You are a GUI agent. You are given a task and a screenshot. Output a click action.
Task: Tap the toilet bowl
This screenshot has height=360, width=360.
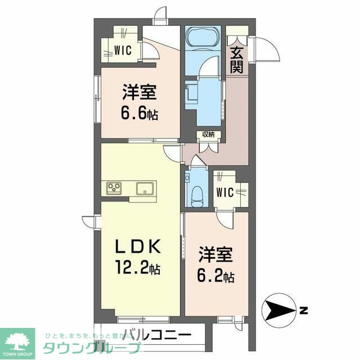click(x=197, y=194)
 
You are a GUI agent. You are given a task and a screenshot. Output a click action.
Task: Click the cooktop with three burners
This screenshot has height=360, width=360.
click(x=112, y=188)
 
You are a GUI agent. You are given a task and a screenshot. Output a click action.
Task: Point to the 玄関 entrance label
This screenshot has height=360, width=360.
click(x=236, y=59)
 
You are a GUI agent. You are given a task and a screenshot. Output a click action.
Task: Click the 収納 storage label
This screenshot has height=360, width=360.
click(x=208, y=134)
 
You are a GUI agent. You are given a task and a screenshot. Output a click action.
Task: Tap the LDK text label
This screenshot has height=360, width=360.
click(x=139, y=246)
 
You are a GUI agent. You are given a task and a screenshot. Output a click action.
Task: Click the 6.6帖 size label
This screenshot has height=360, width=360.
click(x=139, y=113)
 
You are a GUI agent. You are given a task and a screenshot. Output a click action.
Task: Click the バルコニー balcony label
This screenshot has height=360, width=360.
click(x=156, y=335)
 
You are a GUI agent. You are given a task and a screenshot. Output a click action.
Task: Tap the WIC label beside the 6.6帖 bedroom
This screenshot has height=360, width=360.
click(x=122, y=51)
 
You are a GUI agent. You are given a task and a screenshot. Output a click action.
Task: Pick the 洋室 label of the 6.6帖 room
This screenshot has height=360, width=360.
click(x=139, y=92)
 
